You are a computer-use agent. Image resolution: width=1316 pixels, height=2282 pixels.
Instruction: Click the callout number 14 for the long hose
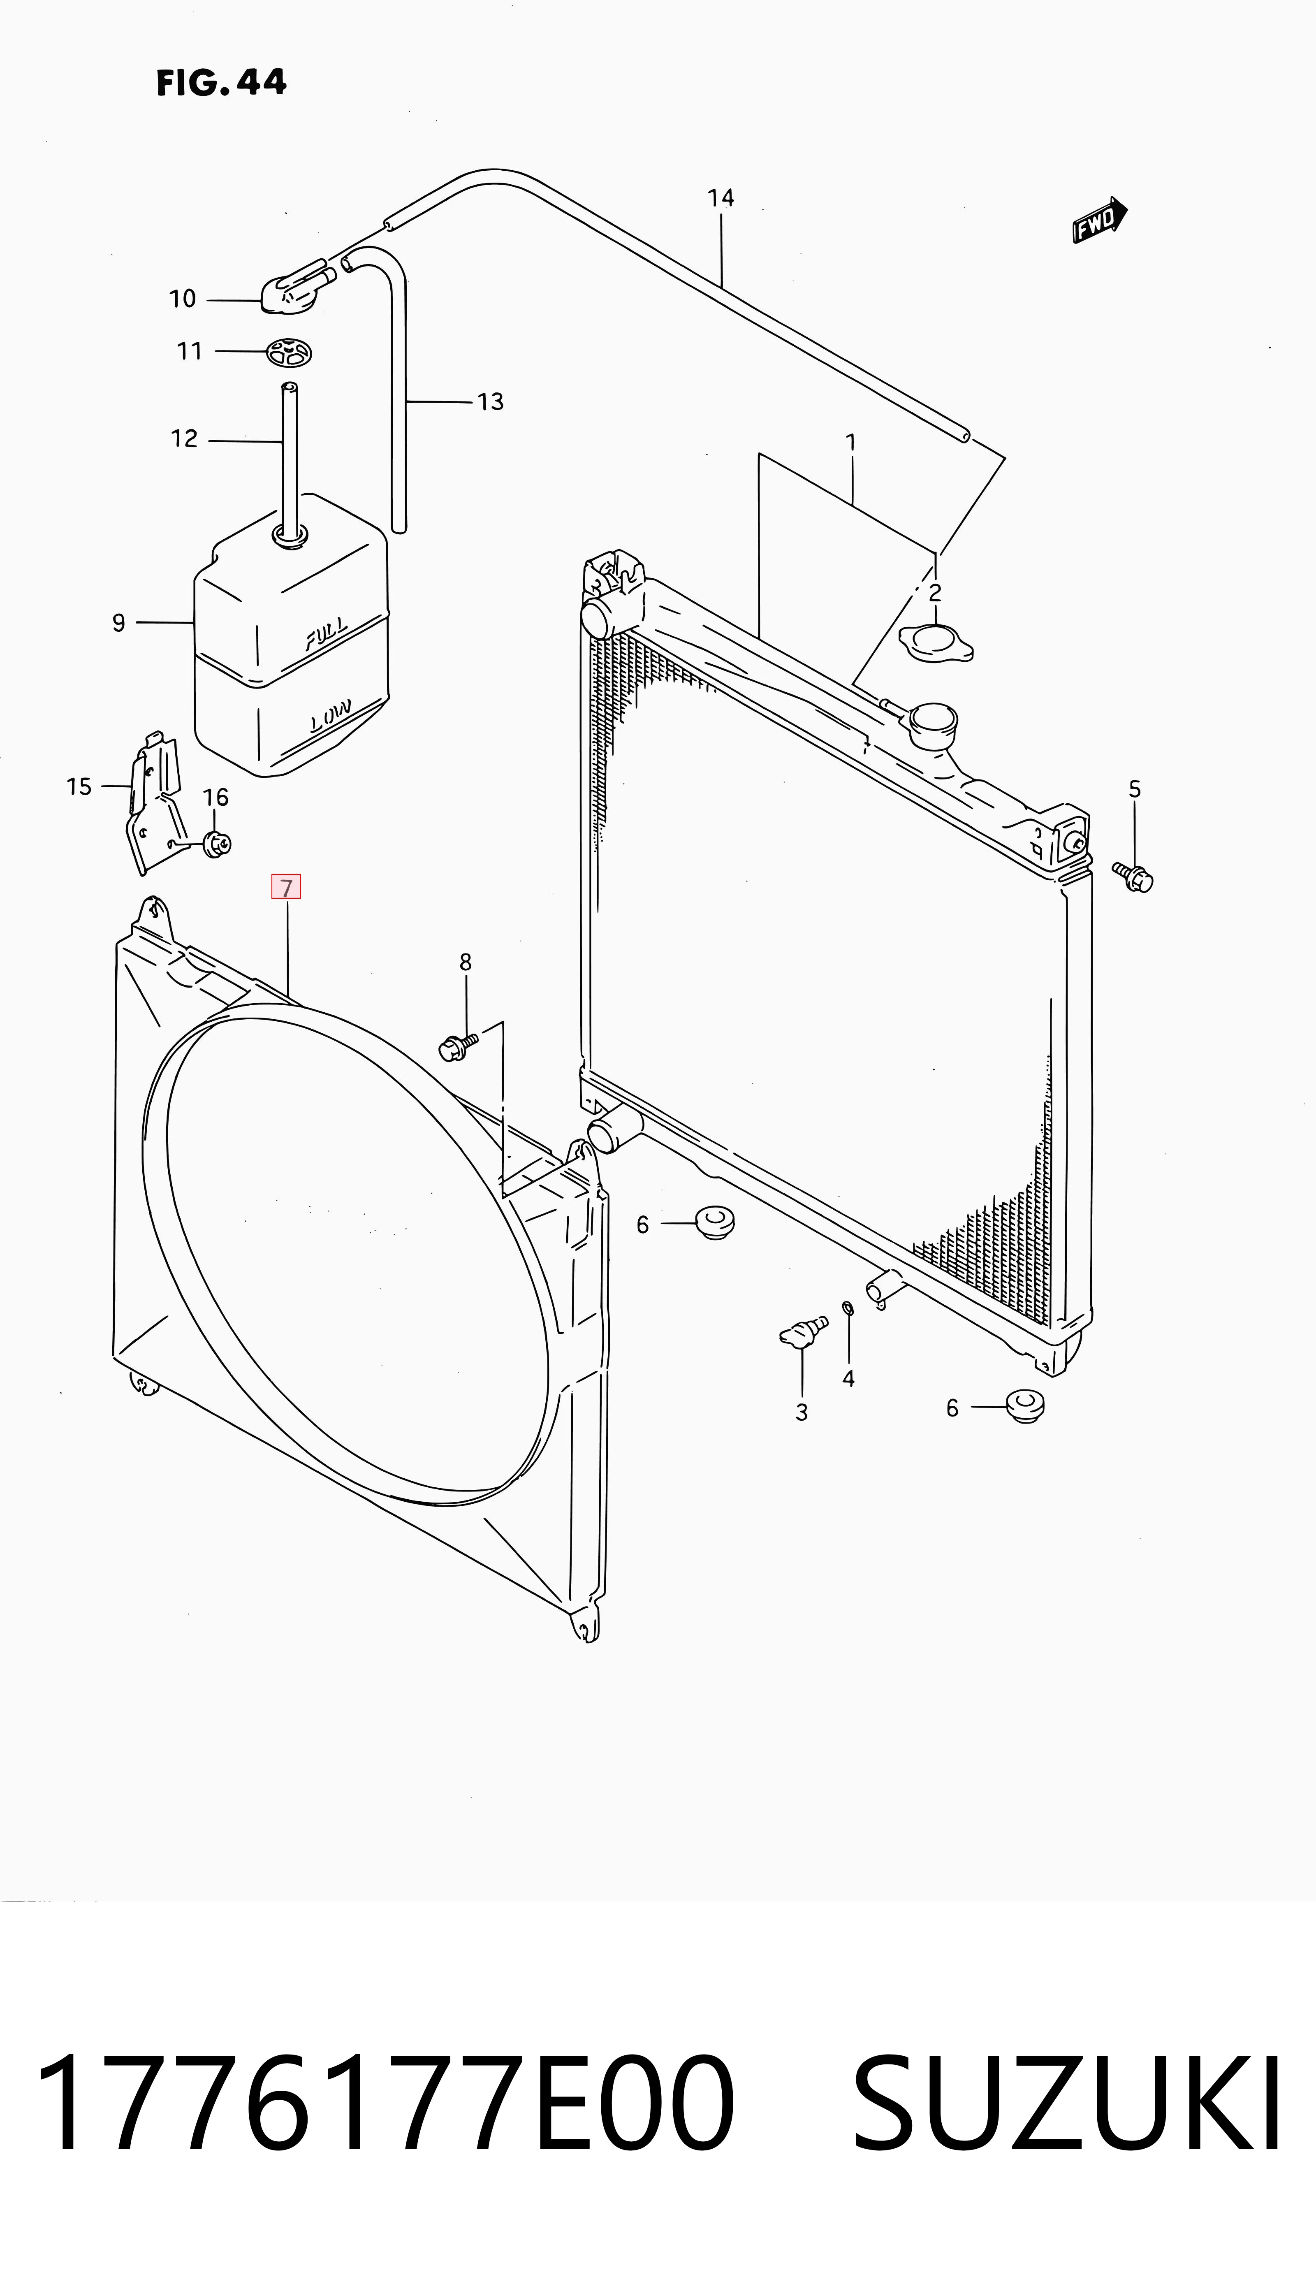pos(721,198)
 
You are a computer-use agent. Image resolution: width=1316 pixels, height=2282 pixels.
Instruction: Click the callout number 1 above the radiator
pos(850,443)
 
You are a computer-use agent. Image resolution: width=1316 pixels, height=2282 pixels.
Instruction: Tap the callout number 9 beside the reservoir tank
pos(118,623)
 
